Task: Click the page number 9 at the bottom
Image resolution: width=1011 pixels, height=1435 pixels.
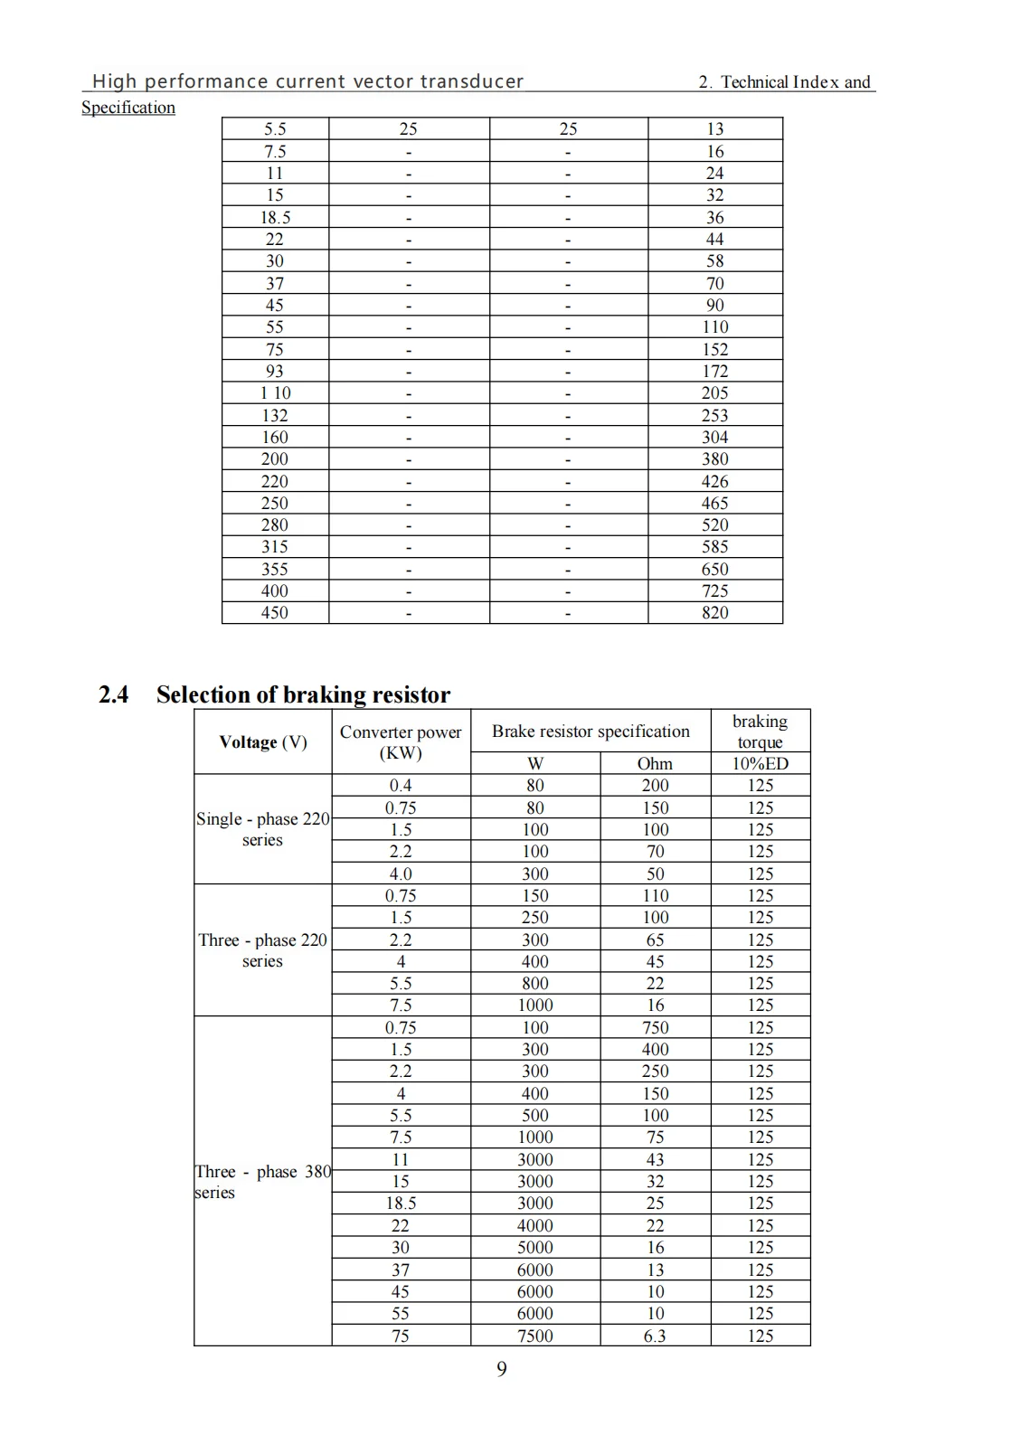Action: (x=502, y=1369)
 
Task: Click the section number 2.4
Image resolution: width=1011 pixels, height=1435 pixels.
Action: (x=113, y=694)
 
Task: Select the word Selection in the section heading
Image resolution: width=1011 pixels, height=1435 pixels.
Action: (x=202, y=694)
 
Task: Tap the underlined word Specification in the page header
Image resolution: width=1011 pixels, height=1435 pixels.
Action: (x=128, y=108)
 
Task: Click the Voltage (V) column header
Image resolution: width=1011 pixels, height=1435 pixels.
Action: (x=262, y=742)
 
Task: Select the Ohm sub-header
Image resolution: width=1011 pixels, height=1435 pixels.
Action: (x=655, y=763)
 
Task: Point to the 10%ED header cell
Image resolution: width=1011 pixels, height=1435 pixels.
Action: (x=760, y=763)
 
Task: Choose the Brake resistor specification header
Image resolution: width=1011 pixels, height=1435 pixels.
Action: (x=591, y=732)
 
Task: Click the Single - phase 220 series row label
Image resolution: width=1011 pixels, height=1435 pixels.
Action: (x=262, y=829)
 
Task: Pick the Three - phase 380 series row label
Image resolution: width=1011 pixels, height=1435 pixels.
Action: (x=262, y=1182)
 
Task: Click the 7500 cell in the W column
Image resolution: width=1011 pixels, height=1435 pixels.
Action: (x=534, y=1336)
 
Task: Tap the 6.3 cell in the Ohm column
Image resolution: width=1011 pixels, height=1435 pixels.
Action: (x=655, y=1336)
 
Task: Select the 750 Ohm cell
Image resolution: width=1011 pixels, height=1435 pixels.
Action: (x=655, y=1027)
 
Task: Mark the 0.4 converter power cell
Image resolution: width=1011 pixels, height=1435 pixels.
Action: (x=401, y=786)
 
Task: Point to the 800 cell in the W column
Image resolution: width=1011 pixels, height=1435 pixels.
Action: (x=534, y=984)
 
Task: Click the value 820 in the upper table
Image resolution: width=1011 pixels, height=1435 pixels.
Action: (x=714, y=613)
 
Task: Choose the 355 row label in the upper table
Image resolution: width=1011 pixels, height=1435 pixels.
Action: (x=274, y=569)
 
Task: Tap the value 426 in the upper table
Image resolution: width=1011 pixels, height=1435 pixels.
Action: (x=714, y=481)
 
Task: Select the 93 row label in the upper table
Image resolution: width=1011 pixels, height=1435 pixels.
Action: (x=274, y=371)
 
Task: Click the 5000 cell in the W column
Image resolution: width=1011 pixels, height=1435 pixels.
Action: (x=534, y=1248)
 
